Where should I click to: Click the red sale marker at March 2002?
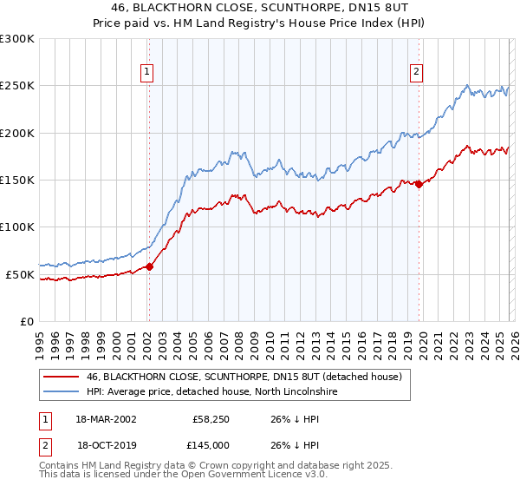tap(149, 266)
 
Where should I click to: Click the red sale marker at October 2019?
tap(419, 184)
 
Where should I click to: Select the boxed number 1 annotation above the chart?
tap(148, 72)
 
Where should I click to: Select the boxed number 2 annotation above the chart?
tap(417, 72)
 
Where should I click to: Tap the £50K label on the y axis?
tap(20, 274)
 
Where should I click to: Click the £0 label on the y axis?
tap(27, 321)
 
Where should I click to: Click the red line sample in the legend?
tap(62, 378)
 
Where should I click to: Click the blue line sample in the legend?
tap(62, 392)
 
